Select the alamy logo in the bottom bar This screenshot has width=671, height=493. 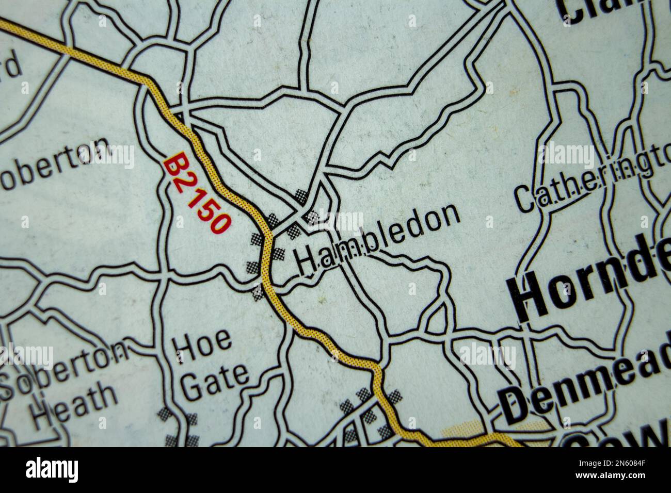click(x=52, y=470)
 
